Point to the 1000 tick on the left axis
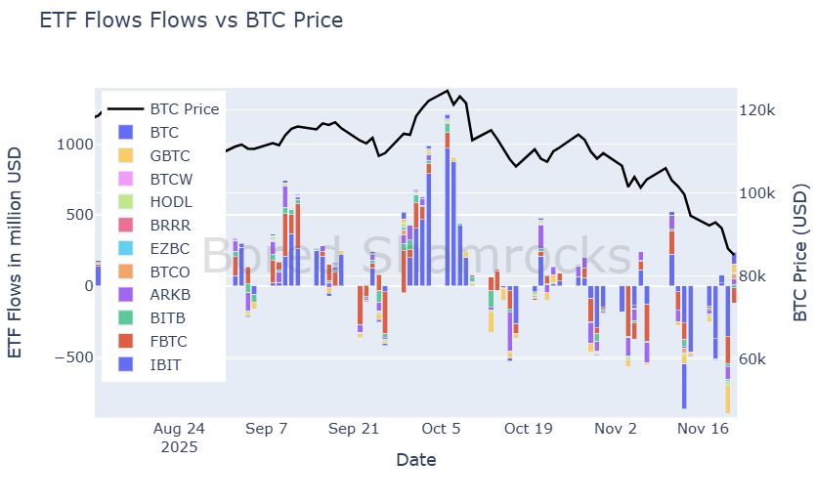[x=74, y=145]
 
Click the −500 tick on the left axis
[x=70, y=357]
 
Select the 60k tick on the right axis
[x=755, y=360]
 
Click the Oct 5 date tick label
[x=442, y=429]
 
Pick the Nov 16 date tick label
[x=705, y=429]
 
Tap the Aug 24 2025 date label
[x=180, y=438]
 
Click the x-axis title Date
[x=415, y=459]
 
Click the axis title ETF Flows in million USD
[x=17, y=251]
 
